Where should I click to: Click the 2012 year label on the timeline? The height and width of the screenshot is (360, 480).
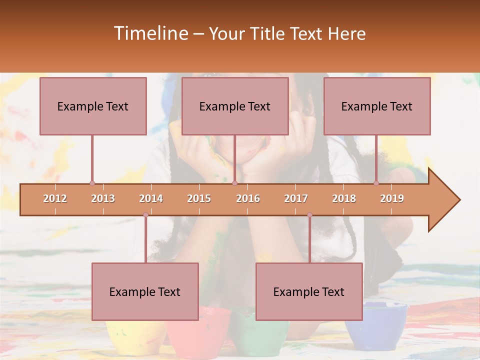(x=55, y=198)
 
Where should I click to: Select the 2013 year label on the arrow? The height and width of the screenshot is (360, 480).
(x=103, y=198)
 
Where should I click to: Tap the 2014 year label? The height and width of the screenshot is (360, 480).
(x=151, y=198)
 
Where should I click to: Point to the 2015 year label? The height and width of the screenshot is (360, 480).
(x=199, y=198)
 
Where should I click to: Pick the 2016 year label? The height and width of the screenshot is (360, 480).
(x=248, y=198)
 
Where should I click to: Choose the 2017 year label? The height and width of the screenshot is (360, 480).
(x=296, y=198)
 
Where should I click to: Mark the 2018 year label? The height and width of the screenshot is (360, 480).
(x=344, y=198)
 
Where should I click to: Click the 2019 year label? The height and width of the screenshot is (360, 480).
(x=392, y=198)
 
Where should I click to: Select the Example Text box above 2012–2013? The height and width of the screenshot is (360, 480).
(x=93, y=106)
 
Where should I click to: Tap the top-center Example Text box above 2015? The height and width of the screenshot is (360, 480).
(x=235, y=106)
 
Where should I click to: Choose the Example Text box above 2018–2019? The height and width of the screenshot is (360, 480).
(x=377, y=106)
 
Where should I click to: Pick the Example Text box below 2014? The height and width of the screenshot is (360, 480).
(x=145, y=291)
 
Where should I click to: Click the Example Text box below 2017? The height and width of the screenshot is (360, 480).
(x=309, y=291)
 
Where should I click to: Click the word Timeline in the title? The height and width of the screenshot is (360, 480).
(x=150, y=33)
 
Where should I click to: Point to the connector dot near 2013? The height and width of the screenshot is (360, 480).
(x=92, y=183)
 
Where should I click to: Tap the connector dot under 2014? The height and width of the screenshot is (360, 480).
(x=145, y=215)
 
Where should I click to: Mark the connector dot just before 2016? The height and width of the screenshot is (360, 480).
(x=234, y=183)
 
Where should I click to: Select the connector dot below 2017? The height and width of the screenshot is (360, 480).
(x=309, y=215)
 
